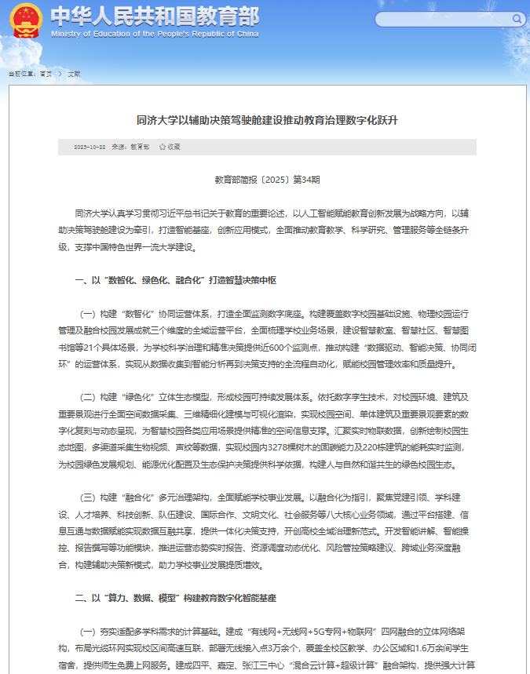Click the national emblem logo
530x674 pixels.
pos(25,21)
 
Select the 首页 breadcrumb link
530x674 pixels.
pos(46,73)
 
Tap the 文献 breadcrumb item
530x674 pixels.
pos(74,73)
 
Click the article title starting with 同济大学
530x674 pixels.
pos(267,120)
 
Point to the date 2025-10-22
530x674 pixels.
pos(90,147)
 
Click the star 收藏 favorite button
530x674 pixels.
pos(170,147)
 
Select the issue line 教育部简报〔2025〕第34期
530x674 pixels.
pos(267,180)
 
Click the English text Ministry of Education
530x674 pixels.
pos(154,35)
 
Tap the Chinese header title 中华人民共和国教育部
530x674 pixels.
pos(154,16)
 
